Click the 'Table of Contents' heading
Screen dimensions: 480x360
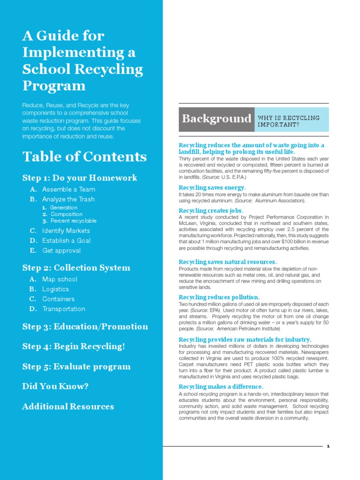[x=84, y=157]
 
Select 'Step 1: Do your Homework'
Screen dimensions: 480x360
[x=80, y=178]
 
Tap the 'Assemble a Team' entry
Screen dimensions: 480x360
[x=68, y=189]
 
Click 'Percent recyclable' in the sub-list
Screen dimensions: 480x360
[x=73, y=221]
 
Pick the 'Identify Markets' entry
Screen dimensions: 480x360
[x=66, y=231]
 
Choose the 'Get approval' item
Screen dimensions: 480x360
[x=61, y=250]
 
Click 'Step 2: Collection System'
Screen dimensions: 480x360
[x=76, y=268]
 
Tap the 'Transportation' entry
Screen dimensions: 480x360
[x=63, y=309]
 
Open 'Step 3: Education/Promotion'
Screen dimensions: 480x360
[x=85, y=327]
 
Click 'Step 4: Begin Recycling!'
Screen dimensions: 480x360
[x=74, y=346]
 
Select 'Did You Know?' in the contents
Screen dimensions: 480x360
[x=55, y=386]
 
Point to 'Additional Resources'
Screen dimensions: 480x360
[x=68, y=406]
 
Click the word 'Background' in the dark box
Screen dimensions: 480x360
[x=217, y=119]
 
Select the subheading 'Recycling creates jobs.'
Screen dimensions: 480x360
[x=211, y=210]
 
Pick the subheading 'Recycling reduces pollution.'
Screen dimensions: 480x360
[x=219, y=297]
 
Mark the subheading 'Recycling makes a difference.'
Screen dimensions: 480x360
[x=221, y=387]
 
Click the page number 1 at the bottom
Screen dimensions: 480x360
[x=329, y=446]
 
